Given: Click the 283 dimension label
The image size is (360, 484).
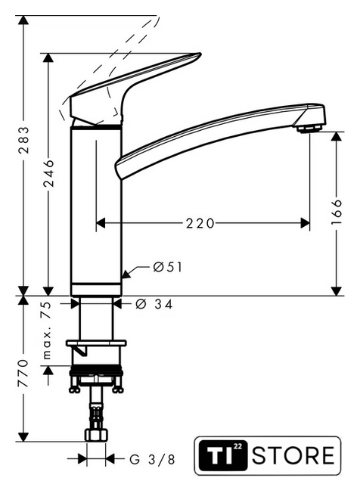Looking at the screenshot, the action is click(x=23, y=140).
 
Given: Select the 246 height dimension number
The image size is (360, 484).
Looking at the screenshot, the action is click(x=48, y=173).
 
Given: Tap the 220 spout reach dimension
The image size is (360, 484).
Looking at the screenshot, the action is click(x=200, y=223).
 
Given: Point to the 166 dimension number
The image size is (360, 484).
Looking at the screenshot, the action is click(x=337, y=212).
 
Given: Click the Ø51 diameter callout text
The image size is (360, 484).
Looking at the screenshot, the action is click(x=168, y=267).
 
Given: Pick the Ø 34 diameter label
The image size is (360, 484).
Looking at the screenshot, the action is click(x=154, y=305).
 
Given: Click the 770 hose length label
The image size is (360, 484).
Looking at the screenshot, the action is click(x=23, y=373).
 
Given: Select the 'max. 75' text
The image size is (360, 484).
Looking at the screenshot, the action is click(x=46, y=330).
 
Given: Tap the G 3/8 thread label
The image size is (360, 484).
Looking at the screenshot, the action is click(x=152, y=459).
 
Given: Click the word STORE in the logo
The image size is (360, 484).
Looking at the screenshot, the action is click(x=293, y=455).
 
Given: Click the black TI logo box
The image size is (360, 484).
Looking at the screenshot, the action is click(x=222, y=455).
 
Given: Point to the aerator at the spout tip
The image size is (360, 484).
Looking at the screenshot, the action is click(x=309, y=129).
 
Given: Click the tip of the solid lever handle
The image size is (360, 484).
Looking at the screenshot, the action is click(x=200, y=54).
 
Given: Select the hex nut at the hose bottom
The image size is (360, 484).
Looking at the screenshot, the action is click(x=96, y=434).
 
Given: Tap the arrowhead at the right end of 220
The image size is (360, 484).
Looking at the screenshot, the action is click(x=305, y=223).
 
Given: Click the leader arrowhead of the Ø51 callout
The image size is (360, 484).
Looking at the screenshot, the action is click(x=126, y=275).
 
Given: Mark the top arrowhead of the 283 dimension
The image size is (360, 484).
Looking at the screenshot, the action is click(x=23, y=20).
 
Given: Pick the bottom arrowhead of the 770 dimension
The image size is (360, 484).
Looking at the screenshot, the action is click(x=23, y=437).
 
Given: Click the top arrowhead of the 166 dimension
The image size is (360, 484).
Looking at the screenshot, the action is click(x=337, y=136).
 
